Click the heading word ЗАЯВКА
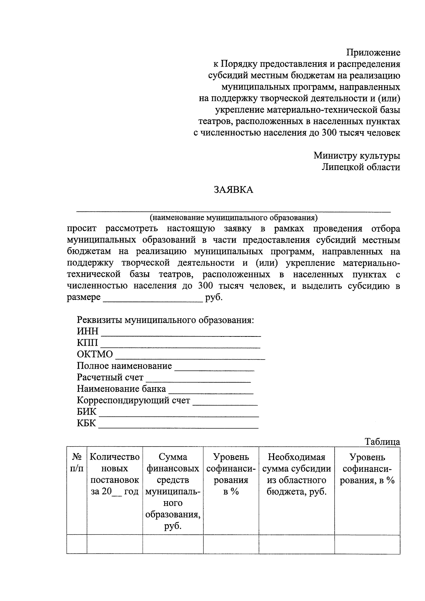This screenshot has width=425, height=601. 233,190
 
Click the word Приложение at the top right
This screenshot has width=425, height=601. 373,53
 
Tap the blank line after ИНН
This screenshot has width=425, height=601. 181,334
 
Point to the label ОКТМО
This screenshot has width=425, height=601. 95,354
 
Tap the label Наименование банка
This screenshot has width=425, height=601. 121,389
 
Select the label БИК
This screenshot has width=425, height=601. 86,412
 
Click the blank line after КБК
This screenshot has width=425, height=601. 178,426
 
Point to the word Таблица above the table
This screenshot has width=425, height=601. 382,442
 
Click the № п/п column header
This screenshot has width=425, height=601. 77,463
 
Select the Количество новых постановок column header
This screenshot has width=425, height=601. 115,474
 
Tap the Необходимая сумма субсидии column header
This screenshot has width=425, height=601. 296,474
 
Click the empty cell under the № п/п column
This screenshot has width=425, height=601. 77,544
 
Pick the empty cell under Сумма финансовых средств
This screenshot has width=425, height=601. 173,544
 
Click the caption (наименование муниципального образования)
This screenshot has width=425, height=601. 233,217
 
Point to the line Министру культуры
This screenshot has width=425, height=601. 357,155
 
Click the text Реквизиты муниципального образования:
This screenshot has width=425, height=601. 165,320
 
